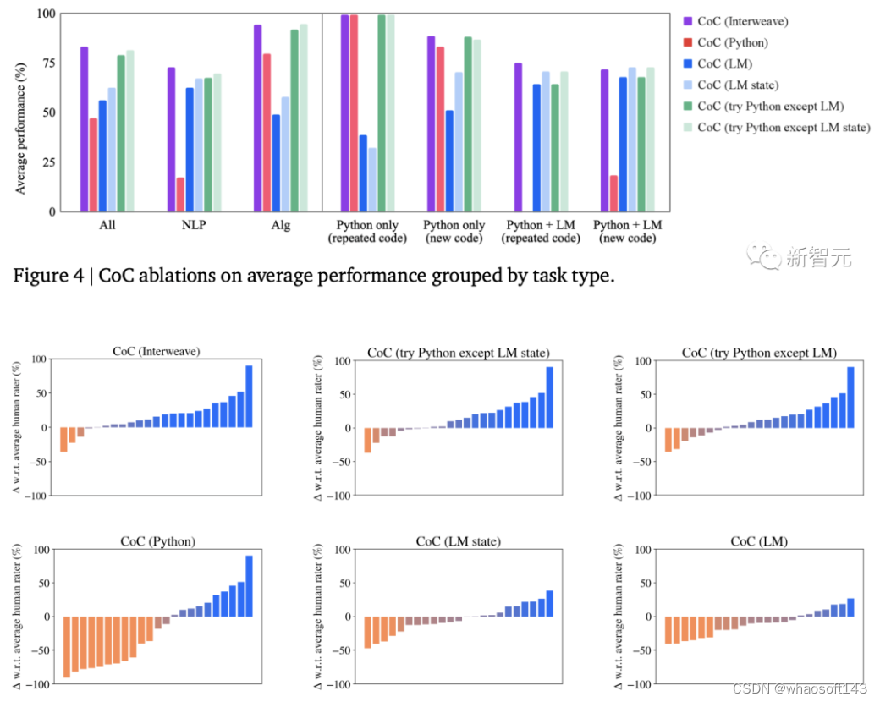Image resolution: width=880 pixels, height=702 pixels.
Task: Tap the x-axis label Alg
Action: pos(280,226)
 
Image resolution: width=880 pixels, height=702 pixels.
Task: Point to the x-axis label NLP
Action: pos(195,226)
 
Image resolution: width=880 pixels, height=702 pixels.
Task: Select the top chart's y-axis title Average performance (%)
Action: pos(21,112)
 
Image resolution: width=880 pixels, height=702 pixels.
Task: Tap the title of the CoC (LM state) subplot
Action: pos(458,541)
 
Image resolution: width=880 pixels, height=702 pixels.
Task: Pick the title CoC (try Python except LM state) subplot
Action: pos(458,352)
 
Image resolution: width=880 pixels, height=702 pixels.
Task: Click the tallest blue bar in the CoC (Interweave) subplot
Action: pos(249,397)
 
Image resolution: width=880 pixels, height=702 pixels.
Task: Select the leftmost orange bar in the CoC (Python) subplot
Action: pos(67,647)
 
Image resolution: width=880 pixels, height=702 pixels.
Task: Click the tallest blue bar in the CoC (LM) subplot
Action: pos(850,608)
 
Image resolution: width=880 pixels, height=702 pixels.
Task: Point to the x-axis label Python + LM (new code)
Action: pos(628,231)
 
